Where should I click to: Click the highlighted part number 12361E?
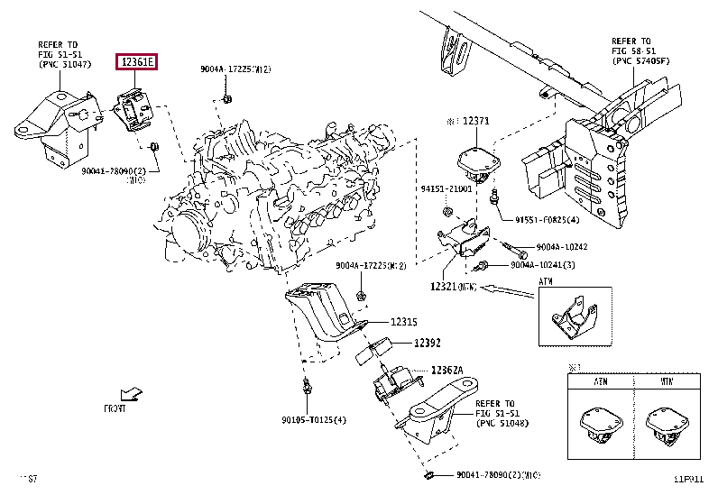click(135, 62)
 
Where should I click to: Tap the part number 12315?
click(404, 322)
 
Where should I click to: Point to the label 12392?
click(428, 343)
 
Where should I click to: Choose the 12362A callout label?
click(446, 370)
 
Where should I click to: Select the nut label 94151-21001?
click(446, 188)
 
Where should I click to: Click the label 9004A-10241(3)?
click(543, 265)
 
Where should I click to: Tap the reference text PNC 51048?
click(502, 423)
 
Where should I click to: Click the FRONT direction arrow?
click(133, 393)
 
